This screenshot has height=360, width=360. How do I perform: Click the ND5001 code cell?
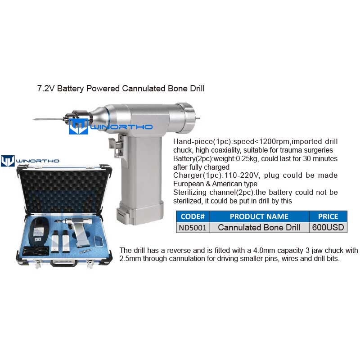coord(193,228)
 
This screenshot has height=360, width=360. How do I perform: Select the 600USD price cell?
coord(328,228)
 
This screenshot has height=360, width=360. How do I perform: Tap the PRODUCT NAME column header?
coord(259,216)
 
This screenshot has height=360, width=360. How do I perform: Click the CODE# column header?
coord(193,216)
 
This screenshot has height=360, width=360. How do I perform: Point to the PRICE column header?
coord(328,216)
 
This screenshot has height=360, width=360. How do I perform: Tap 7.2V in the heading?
coord(46,88)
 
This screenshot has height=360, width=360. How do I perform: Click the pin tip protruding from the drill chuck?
coord(34,119)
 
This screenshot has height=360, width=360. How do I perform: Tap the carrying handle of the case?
coord(64,263)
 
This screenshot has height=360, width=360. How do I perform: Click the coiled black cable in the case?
coord(36,251)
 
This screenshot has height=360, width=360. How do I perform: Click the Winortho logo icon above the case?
coord(8,161)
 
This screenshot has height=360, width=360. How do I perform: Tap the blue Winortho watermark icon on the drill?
coord(78,126)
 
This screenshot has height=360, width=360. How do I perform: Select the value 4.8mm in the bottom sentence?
coord(265,250)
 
